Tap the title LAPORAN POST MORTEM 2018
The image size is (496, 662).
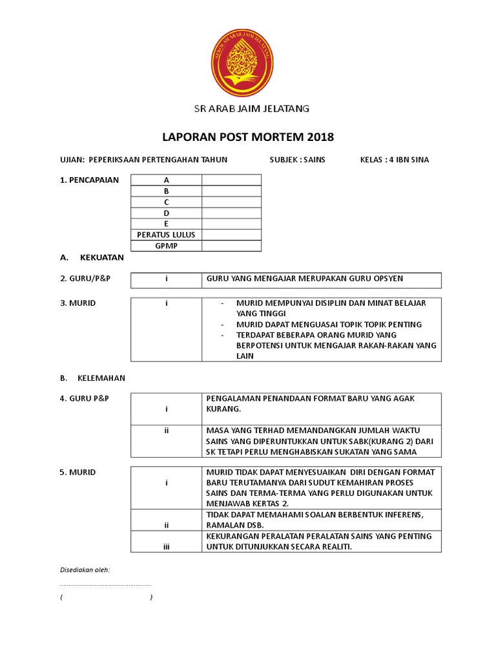(x=247, y=138)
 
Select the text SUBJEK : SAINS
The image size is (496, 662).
(x=297, y=160)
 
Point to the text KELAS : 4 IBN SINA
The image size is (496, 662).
(x=394, y=160)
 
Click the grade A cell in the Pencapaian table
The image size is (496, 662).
(x=166, y=180)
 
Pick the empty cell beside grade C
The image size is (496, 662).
(x=231, y=202)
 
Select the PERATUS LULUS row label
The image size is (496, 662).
(x=166, y=235)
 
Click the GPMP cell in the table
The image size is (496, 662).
(x=166, y=246)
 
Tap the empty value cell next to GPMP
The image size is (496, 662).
(x=231, y=246)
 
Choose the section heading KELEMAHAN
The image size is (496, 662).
(x=101, y=378)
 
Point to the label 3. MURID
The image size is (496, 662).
(x=77, y=303)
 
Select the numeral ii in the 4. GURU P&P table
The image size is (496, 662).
(x=166, y=430)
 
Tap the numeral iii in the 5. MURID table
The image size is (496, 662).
(x=166, y=546)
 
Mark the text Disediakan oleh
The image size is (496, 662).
(x=85, y=570)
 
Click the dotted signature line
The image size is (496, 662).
(x=105, y=584)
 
